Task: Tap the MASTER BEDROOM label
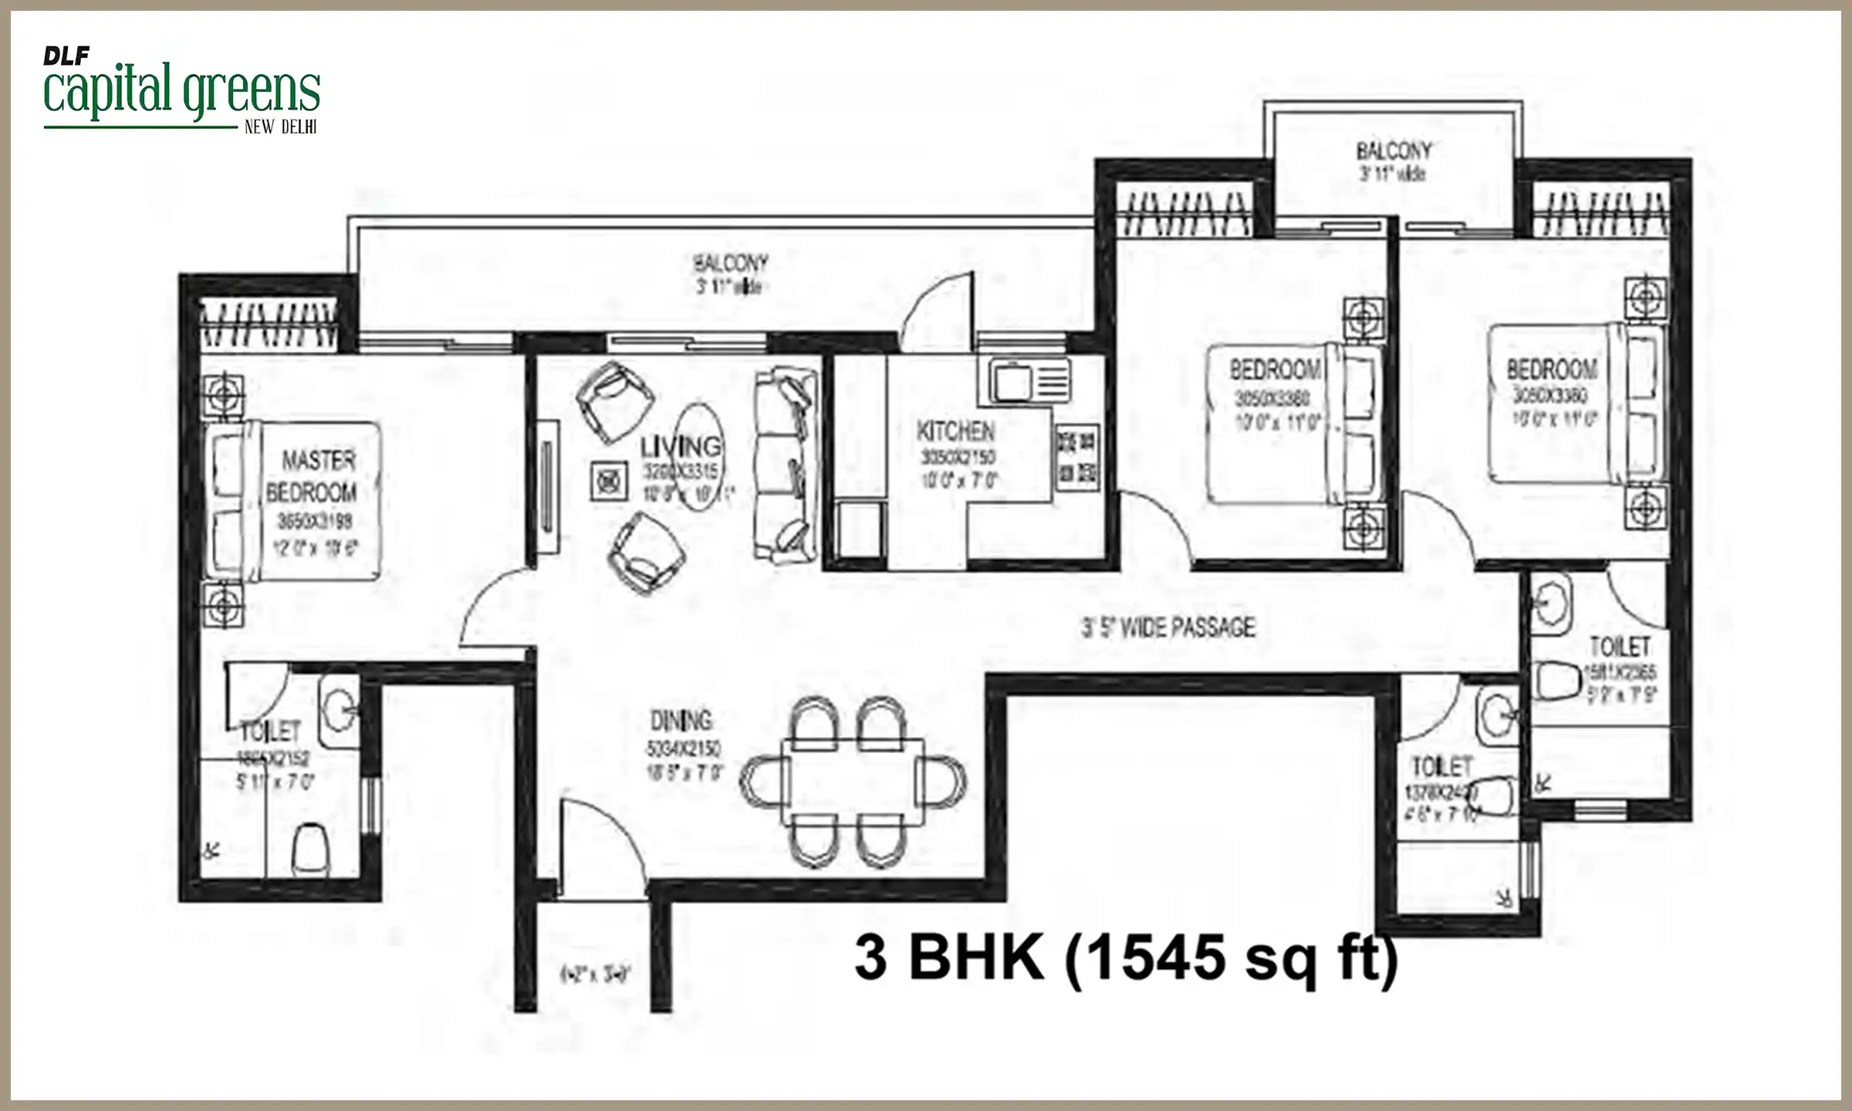312,477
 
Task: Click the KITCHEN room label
955,431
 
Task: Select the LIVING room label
681,446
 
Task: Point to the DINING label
681,721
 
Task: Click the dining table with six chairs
852,781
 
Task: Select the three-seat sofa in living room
786,464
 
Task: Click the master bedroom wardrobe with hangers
269,324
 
